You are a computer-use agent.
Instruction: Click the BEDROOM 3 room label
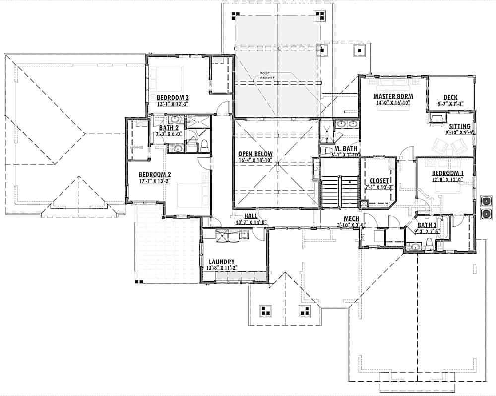coord(173,97)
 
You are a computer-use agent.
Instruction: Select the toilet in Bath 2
coord(203,146)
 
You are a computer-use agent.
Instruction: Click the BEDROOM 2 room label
coord(154,174)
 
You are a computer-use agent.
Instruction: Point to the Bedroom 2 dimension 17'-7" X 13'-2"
coord(154,181)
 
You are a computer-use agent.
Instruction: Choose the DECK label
coord(450,98)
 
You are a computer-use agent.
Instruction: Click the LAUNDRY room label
coord(221,262)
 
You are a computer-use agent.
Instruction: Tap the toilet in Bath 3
coord(428,244)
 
